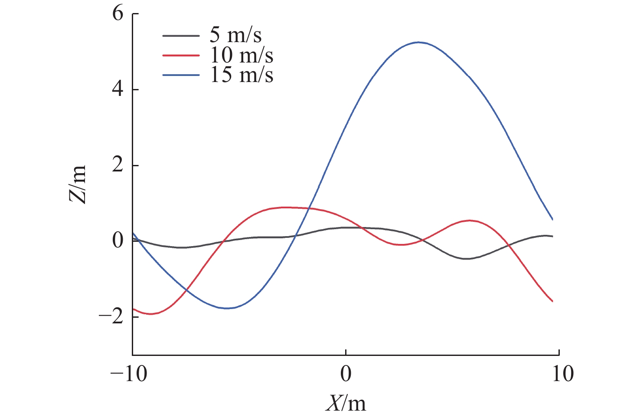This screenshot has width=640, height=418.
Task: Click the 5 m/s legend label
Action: [x=235, y=36]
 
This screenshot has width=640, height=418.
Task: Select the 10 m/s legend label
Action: [x=242, y=55]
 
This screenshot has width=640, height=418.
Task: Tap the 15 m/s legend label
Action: [x=242, y=75]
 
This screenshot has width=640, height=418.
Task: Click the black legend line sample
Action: [x=181, y=36]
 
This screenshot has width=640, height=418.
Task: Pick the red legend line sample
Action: [x=181, y=56]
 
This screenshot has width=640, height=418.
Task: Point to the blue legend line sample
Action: [x=181, y=75]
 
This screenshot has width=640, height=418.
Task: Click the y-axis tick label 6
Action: [x=118, y=14]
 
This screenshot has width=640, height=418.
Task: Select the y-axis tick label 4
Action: [x=118, y=90]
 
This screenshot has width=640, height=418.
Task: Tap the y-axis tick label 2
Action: [x=118, y=165]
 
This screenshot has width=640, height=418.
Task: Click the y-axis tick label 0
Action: [x=118, y=241]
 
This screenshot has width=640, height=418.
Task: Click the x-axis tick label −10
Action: [x=129, y=374]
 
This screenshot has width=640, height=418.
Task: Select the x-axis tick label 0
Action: [x=346, y=374]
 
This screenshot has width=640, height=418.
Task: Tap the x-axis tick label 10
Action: [x=563, y=374]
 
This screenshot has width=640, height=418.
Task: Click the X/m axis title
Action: [x=346, y=403]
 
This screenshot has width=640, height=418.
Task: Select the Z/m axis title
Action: [x=78, y=184]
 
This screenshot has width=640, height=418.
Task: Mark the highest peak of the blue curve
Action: [x=418, y=42]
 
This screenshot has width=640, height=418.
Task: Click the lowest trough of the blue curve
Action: [x=227, y=308]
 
